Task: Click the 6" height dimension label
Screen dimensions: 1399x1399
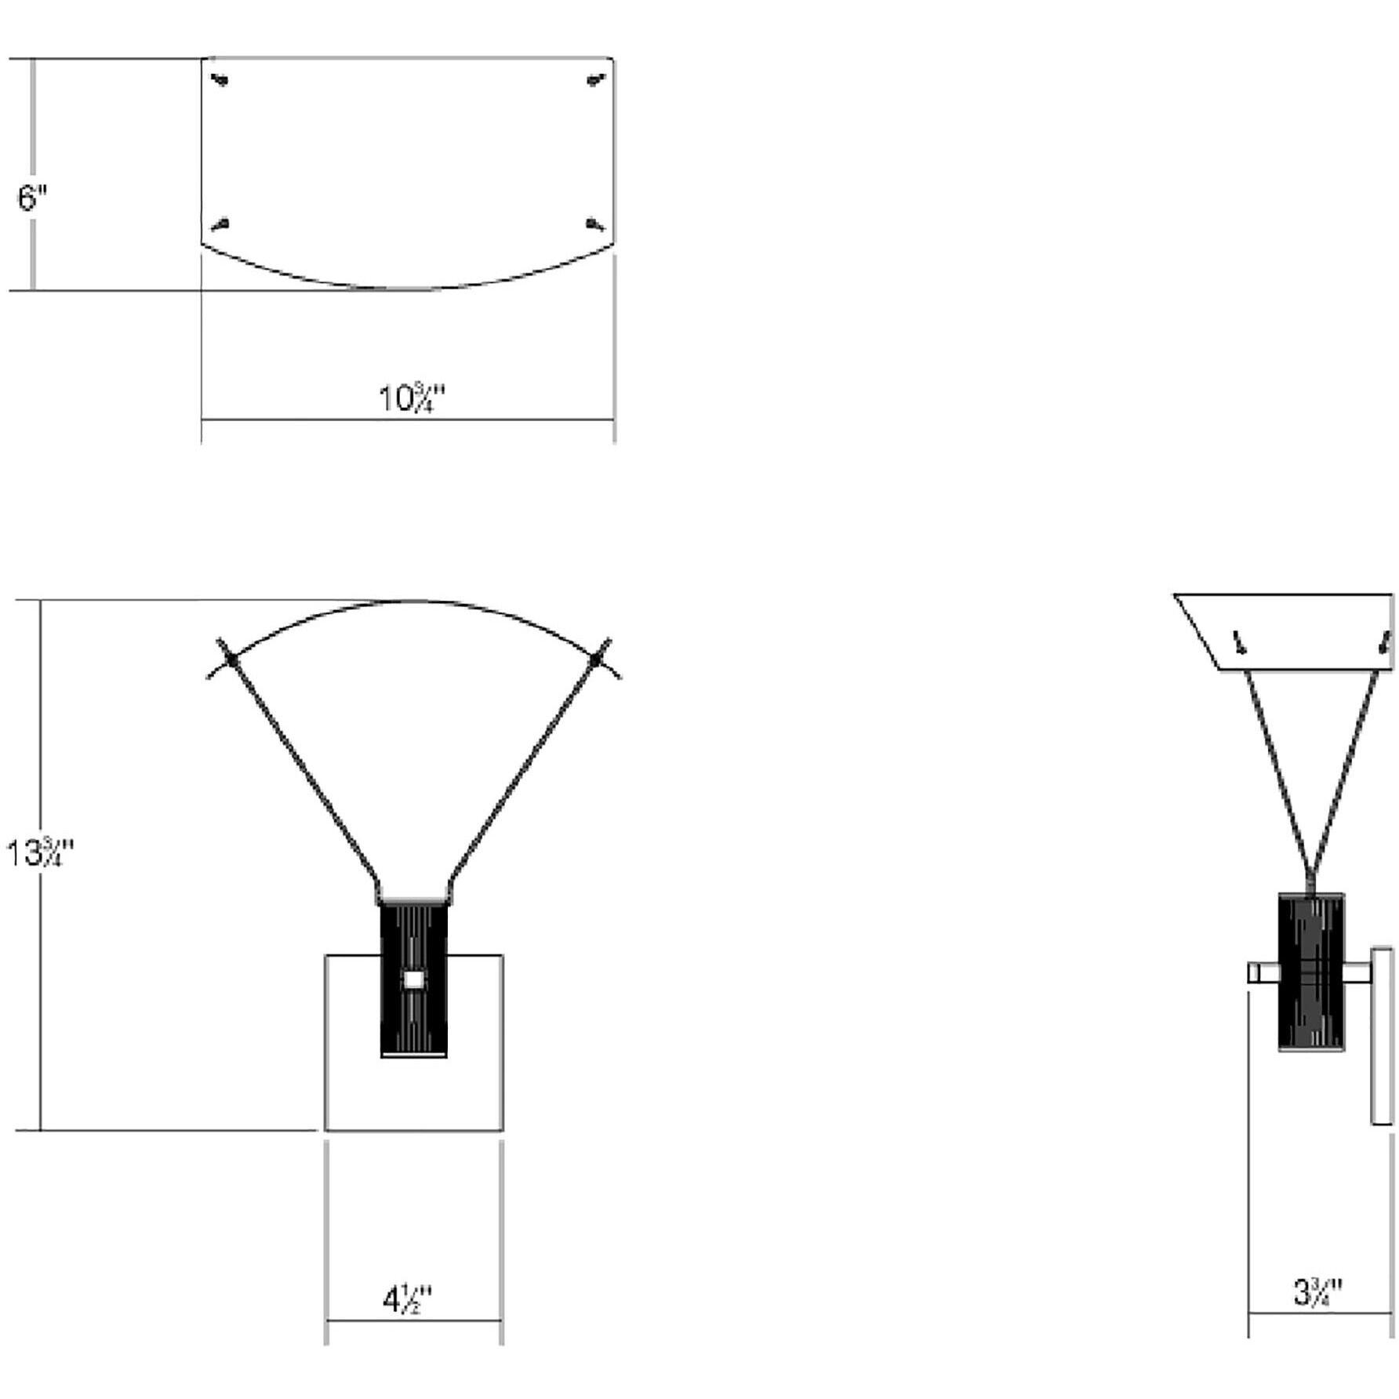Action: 32,198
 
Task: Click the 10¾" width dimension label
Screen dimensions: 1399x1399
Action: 412,398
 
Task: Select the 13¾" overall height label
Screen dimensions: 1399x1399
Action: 39,853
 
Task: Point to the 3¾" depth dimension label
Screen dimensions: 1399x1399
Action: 1317,1292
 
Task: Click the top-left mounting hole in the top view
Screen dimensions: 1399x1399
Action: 221,80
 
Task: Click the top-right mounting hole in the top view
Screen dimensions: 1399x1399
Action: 597,80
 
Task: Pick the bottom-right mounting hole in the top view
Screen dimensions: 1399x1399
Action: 597,226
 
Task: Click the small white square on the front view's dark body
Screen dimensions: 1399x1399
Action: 413,979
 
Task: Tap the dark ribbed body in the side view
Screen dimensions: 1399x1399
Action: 1311,972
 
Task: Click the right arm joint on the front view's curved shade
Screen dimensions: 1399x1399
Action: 596,660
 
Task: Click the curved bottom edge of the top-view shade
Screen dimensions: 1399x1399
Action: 408,288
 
